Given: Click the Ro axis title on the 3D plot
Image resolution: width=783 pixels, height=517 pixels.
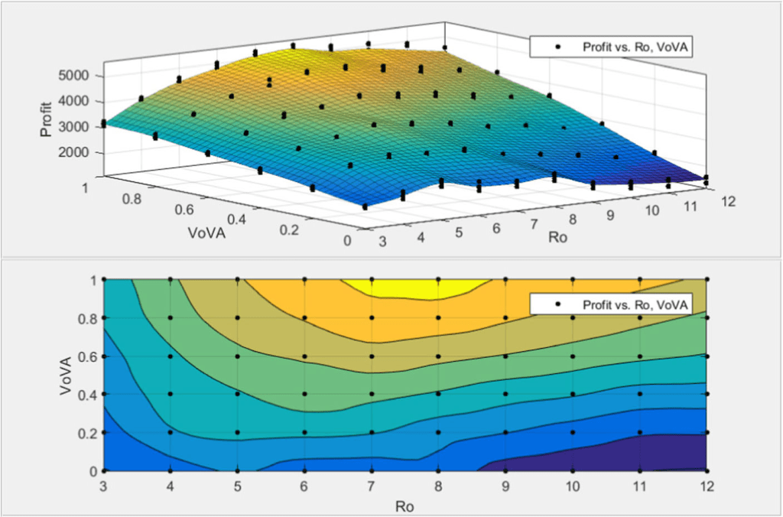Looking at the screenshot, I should pos(557,238).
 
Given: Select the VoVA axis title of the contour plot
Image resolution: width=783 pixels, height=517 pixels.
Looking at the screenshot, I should pos(67,375).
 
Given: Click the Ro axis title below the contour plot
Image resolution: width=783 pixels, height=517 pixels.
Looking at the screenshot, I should pos(404,505).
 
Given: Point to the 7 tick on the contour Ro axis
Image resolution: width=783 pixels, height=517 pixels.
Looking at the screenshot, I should pos(372,486).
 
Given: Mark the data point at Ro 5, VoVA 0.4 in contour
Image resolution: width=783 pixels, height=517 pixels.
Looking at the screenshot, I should pos(238,395).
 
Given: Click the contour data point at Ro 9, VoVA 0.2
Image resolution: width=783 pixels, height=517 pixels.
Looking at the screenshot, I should pos(505,433).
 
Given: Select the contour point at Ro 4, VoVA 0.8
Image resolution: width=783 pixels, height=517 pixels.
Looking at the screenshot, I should pos(171,317).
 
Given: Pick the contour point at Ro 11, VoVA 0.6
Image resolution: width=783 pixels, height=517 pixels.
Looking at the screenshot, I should pos(640,356).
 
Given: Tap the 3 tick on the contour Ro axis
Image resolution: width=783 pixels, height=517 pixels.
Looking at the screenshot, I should pos(103,486).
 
